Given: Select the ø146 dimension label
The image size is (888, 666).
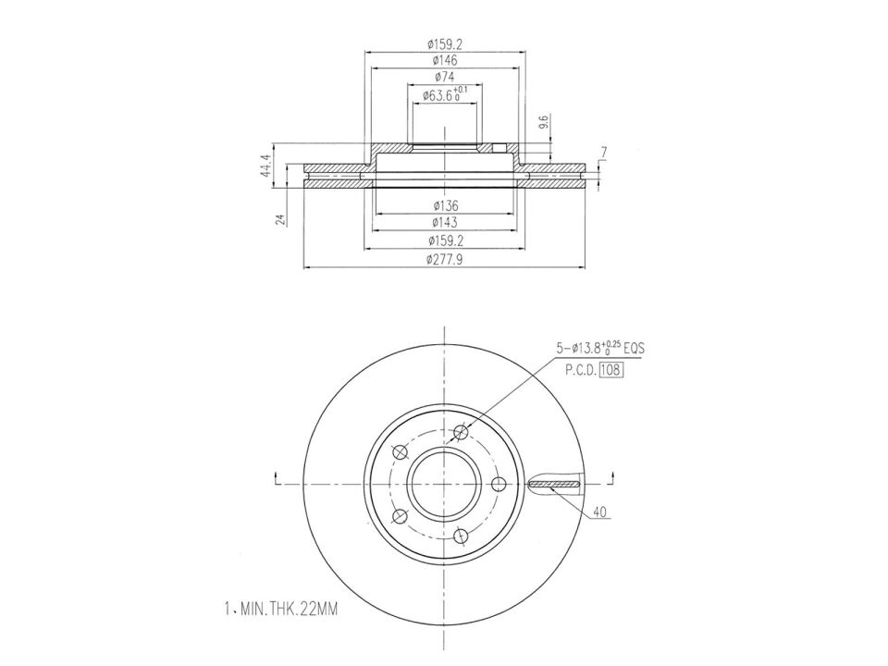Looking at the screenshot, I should [x=444, y=60].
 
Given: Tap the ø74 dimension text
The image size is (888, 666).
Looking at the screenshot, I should [x=444, y=77].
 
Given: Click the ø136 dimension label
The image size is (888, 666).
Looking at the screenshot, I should [x=444, y=205].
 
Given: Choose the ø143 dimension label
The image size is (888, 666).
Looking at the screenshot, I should [x=444, y=223].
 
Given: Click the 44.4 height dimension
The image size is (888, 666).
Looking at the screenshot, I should [x=266, y=166].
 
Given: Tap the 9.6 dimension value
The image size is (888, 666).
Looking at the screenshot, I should [x=545, y=121].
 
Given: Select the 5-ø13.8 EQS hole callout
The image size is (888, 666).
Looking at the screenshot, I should [x=598, y=349].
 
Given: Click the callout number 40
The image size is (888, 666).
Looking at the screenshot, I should [x=600, y=510].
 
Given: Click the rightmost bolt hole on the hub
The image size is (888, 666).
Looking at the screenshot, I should [x=498, y=485].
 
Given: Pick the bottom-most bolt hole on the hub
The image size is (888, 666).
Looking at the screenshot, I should [x=461, y=535].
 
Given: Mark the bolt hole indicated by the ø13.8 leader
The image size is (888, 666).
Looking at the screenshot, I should [x=462, y=431].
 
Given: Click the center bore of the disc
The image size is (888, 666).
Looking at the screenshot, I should [x=444, y=483].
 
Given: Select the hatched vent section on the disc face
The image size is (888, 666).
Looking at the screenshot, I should [x=553, y=485].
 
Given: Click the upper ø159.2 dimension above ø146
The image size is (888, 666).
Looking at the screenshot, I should [x=444, y=43].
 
